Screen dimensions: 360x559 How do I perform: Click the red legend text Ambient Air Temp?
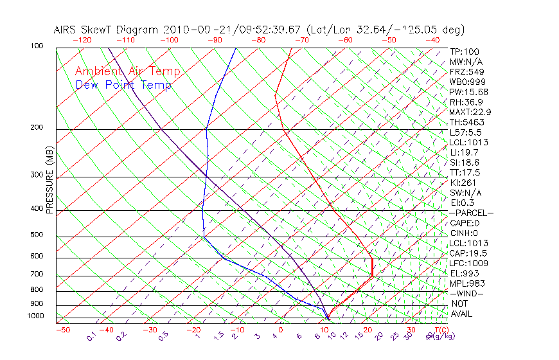[x=127, y=71]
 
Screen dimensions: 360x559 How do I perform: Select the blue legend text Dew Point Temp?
[x=123, y=85]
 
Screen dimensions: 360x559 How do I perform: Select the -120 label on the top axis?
[x=82, y=39]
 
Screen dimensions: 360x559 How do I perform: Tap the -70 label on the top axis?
[x=301, y=39]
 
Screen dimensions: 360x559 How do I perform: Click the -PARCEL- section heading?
[x=471, y=213]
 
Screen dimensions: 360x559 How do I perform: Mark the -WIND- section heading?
[x=466, y=293]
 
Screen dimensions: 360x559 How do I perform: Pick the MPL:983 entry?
[x=466, y=283]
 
